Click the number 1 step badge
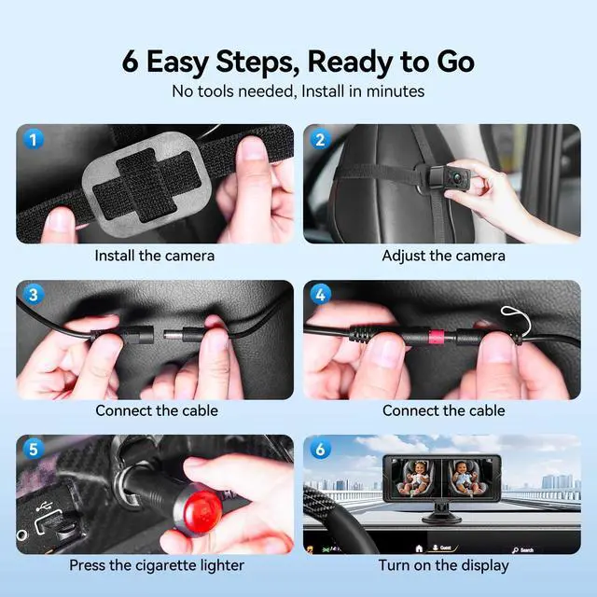point(34,139)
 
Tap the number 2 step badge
point(320,139)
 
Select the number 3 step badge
point(34,295)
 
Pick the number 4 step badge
point(320,295)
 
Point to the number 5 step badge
point(34,450)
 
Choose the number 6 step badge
point(320,450)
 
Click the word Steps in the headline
point(258,62)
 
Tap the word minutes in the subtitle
point(396,91)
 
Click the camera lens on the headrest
point(455,177)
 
